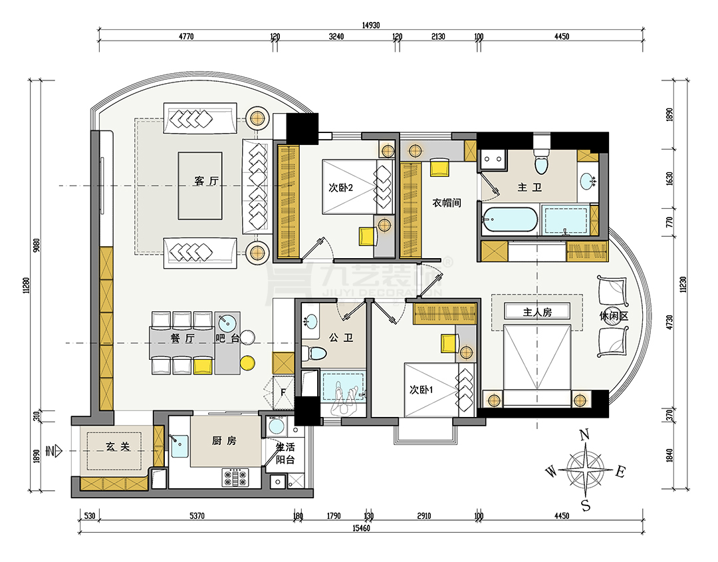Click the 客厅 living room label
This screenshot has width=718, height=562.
click(x=206, y=181)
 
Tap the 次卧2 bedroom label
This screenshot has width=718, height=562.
click(x=340, y=188)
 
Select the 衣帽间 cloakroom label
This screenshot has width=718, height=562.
click(x=447, y=202)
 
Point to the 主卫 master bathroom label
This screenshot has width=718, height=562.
click(x=529, y=187)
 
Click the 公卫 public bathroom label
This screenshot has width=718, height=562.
click(x=341, y=338)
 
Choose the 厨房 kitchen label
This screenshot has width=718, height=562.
click(x=224, y=440)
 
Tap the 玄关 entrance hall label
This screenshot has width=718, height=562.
click(x=118, y=446)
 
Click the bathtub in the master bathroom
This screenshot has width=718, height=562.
click(x=510, y=220)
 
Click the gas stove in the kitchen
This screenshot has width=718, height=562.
click(x=235, y=478)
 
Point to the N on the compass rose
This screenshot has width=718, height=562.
click(x=584, y=435)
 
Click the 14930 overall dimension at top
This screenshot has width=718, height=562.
click(x=371, y=25)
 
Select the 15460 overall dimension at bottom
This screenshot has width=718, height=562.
click(x=361, y=528)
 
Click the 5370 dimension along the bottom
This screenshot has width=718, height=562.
click(x=197, y=515)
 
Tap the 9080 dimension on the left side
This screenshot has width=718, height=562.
click(x=36, y=245)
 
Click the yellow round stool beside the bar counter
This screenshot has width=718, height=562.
click(x=247, y=362)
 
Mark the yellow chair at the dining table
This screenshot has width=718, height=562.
click(x=203, y=366)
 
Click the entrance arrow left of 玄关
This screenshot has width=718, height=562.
click(x=54, y=451)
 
